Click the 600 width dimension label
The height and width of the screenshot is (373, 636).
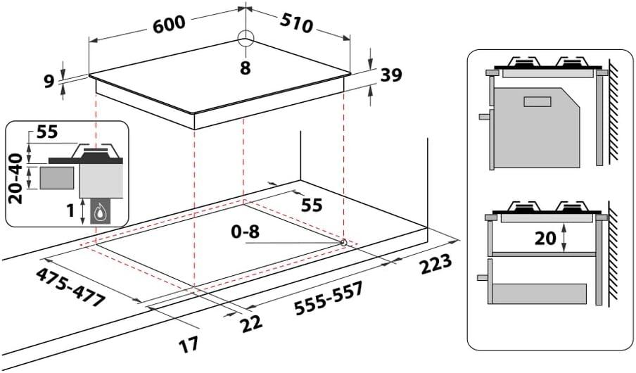169,23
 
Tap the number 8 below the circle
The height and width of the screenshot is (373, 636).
245,68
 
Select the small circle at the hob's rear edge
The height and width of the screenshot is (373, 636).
245,38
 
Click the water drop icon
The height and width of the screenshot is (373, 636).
103,210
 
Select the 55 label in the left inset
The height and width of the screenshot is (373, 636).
48,132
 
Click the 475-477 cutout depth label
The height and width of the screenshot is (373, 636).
70,286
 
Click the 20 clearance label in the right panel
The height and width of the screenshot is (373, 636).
545,239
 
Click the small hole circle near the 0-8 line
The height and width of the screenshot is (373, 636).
343,243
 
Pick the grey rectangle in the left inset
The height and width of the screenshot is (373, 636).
56,177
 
